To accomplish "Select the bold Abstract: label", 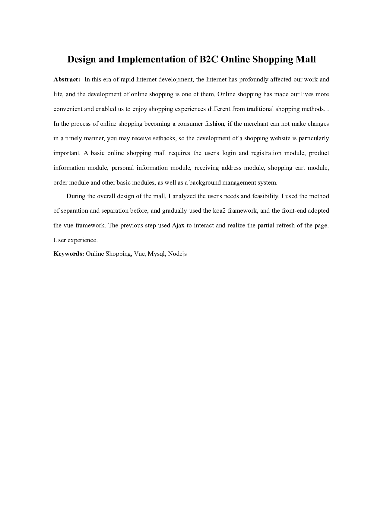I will pyautogui.click(x=67, y=80).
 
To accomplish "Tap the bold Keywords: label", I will pyautogui.click(x=69, y=254).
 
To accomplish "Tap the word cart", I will pyautogui.click(x=300, y=168).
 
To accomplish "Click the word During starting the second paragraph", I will pyautogui.click(x=76, y=196).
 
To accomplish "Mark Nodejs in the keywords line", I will pyautogui.click(x=177, y=254).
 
